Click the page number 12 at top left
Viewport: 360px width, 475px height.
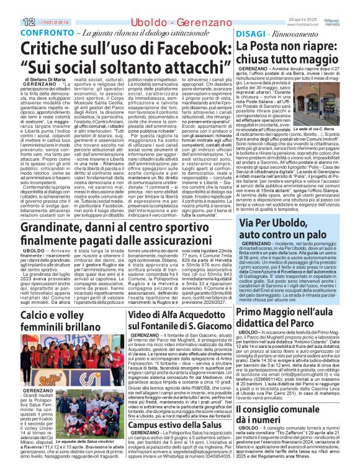pyautogui.click(x=10, y=6)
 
